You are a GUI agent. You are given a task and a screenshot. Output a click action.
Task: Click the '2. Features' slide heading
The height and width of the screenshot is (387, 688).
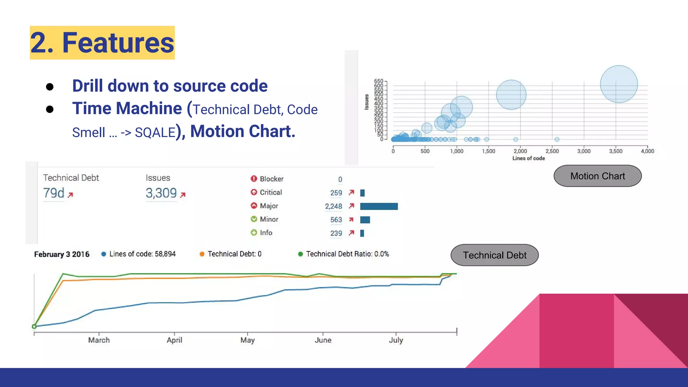(102, 43)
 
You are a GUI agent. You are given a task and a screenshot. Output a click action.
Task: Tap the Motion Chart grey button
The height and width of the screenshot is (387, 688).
(597, 176)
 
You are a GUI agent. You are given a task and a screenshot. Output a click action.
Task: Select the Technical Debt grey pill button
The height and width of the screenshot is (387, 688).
(494, 255)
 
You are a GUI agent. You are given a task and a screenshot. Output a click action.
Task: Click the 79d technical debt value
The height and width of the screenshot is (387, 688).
(54, 193)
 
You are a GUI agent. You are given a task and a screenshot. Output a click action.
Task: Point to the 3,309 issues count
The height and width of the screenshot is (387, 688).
(161, 193)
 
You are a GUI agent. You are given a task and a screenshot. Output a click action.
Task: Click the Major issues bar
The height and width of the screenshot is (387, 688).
(379, 206)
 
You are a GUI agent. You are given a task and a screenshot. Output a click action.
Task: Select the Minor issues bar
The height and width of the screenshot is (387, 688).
(365, 220)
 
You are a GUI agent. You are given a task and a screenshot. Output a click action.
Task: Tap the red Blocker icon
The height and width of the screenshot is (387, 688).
(254, 179)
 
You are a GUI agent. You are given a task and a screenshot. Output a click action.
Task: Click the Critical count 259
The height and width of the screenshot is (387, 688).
(336, 193)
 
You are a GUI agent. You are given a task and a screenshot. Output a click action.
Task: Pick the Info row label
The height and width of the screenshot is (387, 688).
(266, 233)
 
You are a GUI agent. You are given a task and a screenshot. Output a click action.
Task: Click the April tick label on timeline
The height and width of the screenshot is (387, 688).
(174, 340)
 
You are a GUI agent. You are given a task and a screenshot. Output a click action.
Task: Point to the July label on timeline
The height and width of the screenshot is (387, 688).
(396, 340)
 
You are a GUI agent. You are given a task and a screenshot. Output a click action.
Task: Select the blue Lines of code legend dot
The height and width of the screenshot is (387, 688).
(104, 254)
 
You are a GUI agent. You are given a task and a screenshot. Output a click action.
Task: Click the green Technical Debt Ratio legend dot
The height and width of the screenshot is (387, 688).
(300, 254)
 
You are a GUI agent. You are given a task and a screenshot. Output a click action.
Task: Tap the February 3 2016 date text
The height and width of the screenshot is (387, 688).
(62, 254)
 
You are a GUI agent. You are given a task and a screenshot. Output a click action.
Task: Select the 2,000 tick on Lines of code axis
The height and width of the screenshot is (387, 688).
(520, 151)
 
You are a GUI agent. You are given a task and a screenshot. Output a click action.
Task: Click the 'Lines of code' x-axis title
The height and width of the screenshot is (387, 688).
(528, 158)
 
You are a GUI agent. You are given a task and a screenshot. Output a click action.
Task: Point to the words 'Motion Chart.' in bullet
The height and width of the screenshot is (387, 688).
(243, 131)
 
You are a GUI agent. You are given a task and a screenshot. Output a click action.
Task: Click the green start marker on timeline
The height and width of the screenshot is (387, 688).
(34, 326)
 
